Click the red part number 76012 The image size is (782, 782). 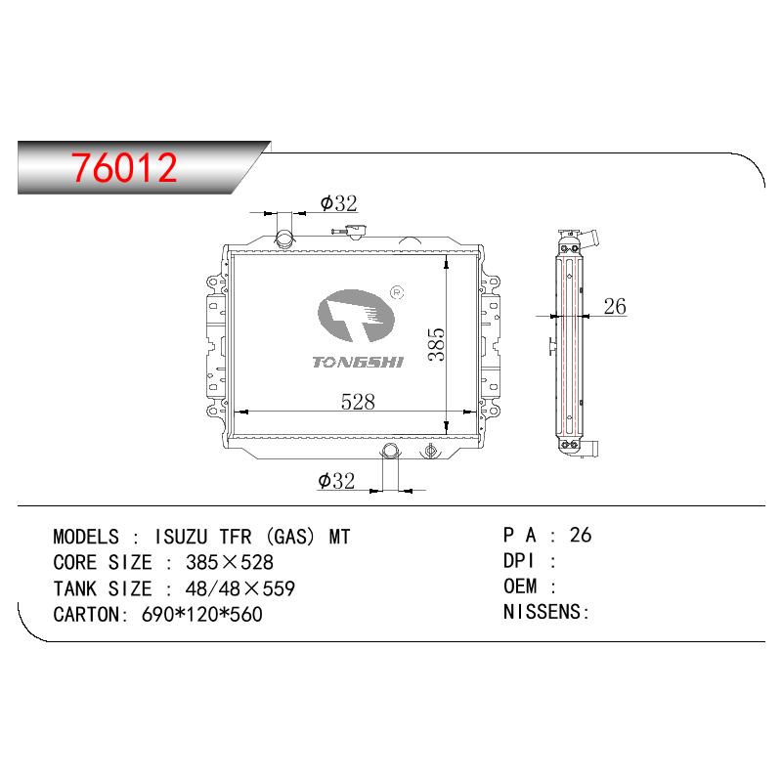point(124,167)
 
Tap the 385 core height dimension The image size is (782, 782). point(436,344)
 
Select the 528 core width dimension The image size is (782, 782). point(358,402)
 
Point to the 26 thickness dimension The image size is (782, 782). point(615,306)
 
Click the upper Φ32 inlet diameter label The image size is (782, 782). point(338,203)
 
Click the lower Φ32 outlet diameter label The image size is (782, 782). point(336,481)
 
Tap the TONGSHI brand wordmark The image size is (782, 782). point(358,362)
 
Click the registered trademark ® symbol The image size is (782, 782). point(397,292)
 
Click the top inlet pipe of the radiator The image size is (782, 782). point(285,234)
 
